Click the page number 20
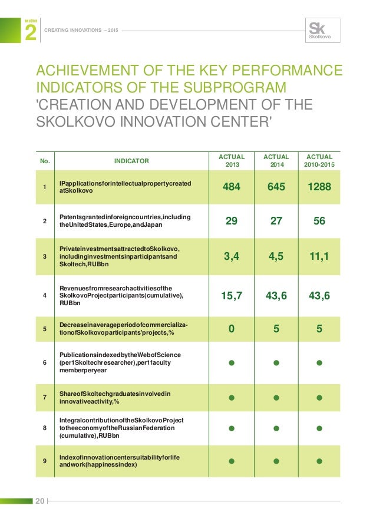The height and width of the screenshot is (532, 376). [40, 501]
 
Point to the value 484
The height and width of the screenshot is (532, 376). [232, 188]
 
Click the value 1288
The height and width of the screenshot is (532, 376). [319, 188]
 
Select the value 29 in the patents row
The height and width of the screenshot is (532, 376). [232, 222]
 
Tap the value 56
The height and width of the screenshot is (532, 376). [319, 222]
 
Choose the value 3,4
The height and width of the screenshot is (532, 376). [232, 256]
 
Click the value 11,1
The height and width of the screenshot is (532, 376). [319, 256]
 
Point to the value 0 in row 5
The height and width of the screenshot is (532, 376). [232, 329]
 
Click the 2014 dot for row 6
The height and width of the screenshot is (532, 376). [276, 363]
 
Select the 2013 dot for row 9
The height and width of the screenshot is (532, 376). [232, 460]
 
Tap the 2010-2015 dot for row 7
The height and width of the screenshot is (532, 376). [319, 397]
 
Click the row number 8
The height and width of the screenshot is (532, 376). [45, 428]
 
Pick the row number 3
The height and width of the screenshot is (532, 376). [45, 256]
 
